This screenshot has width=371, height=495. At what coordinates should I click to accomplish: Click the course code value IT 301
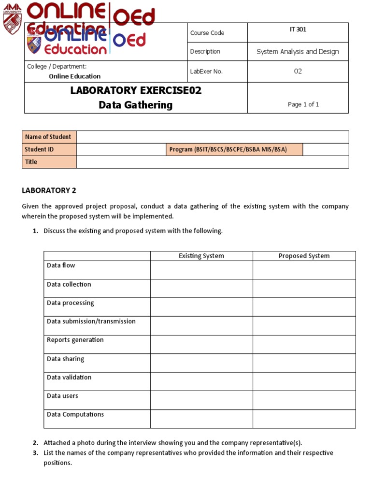point(298,30)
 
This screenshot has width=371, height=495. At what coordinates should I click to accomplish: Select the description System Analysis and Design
point(298,52)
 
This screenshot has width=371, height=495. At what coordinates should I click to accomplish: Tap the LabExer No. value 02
point(298,71)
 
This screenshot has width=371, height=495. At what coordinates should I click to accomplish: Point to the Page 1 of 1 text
point(303,104)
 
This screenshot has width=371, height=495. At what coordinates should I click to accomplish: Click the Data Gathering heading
point(135,105)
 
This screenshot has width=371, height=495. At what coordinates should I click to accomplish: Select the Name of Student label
point(48,137)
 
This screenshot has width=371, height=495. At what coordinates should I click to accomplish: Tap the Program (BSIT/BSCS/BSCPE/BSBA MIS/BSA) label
point(228,149)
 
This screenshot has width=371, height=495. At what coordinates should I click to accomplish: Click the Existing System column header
point(201,256)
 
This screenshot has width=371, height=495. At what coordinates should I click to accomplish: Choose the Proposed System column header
point(304,256)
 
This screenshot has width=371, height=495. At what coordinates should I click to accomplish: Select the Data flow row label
point(61,265)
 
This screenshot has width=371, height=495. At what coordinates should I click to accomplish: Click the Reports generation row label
point(75,340)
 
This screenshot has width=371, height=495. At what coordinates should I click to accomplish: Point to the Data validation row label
point(69,377)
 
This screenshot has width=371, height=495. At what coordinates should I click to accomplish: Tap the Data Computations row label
point(75,414)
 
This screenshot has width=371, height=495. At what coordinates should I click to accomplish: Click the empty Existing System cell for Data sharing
point(201,363)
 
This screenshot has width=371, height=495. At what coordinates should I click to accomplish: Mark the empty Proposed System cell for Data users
point(304,400)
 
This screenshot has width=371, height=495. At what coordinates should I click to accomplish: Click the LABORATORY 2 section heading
point(49,190)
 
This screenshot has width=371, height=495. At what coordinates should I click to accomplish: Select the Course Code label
point(207,33)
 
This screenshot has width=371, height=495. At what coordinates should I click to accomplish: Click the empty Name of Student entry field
point(213,137)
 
